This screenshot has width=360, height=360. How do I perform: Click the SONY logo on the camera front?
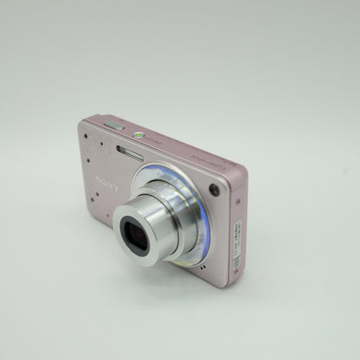click(x=108, y=183)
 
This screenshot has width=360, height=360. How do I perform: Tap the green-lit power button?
click(x=138, y=135)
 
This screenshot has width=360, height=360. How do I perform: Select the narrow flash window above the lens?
click(x=130, y=152)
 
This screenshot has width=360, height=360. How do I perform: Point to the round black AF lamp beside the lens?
click(x=213, y=190)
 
